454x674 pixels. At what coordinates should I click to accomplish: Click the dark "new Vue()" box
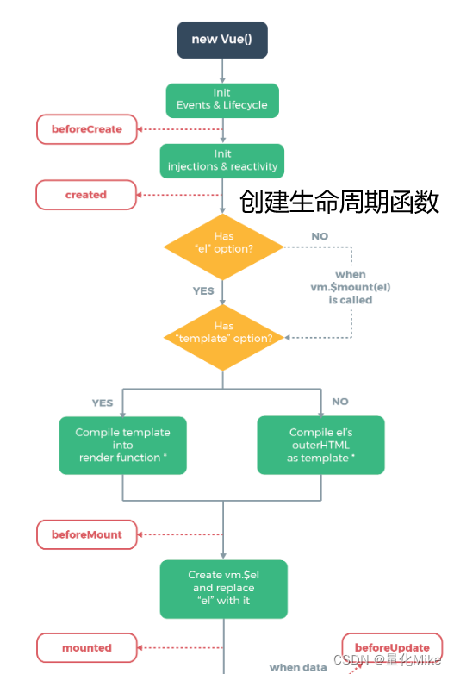(x=222, y=40)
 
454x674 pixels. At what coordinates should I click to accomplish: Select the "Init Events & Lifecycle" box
(x=222, y=99)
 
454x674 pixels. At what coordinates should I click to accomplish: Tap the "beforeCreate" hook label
(x=86, y=129)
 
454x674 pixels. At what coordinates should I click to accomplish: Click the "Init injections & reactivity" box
(x=222, y=160)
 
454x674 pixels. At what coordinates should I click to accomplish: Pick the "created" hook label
(x=86, y=195)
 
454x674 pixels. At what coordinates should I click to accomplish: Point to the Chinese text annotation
(x=339, y=202)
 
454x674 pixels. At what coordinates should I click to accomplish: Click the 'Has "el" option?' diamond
(x=223, y=247)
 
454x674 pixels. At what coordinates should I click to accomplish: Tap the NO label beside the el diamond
(x=320, y=236)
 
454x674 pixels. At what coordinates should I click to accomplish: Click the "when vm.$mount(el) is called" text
(x=350, y=287)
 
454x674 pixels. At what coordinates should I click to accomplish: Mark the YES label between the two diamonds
(x=203, y=291)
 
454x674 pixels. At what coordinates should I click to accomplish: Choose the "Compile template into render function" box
(x=122, y=445)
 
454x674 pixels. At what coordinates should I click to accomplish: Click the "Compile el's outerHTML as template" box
(x=320, y=445)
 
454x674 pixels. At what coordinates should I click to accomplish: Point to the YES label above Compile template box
(x=103, y=403)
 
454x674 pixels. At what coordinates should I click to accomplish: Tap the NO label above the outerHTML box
(x=340, y=402)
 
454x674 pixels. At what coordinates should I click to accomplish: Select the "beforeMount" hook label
(x=86, y=534)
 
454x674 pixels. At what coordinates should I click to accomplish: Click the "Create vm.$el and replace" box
(x=223, y=588)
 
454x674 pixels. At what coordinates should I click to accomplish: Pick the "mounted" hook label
(x=86, y=647)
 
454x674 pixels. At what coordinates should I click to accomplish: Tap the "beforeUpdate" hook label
(x=392, y=647)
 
